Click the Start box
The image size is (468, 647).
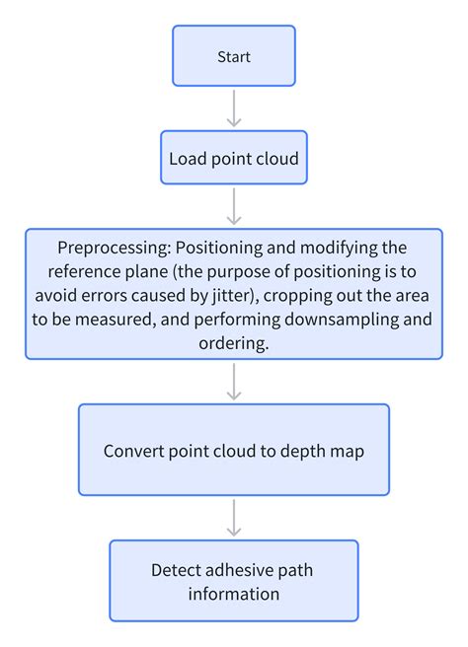pos(234,55)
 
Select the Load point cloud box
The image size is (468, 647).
pos(234,157)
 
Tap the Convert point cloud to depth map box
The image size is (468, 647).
pos(234,450)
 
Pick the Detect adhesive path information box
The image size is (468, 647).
pos(234,581)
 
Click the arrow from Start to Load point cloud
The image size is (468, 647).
pos(234,108)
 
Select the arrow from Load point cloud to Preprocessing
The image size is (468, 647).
pos(234,206)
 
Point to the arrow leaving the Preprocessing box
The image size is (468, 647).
pos(234,382)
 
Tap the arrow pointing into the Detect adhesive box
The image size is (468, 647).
pos(234,518)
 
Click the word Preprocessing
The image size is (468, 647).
pos(114,249)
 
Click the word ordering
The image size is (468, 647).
pos(234,344)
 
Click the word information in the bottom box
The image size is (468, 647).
pos(234,594)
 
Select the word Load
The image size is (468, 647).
pos(188,159)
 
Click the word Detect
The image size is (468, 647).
pos(176,570)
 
